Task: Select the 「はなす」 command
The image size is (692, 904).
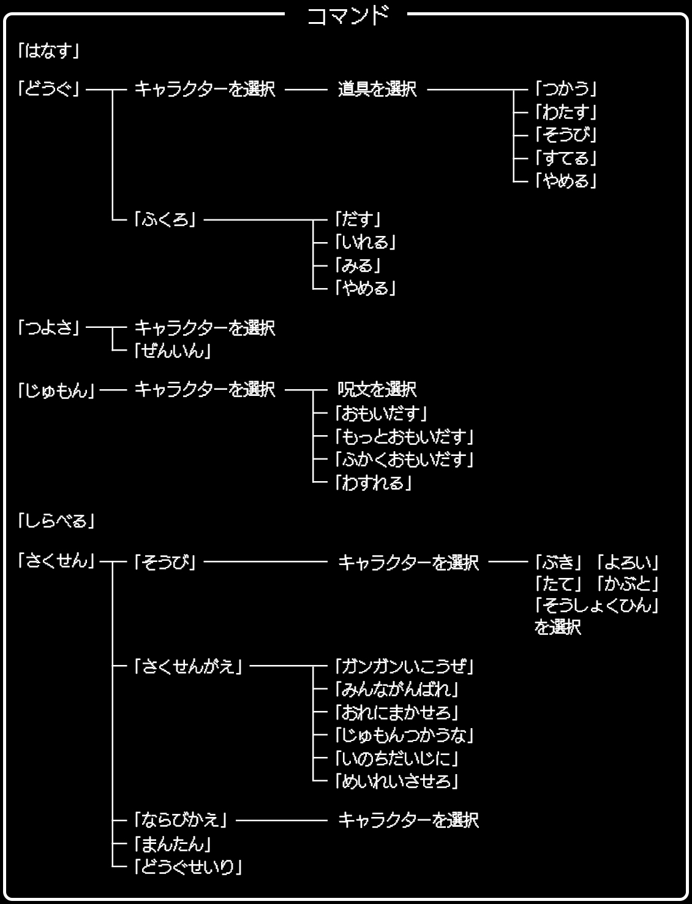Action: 49,51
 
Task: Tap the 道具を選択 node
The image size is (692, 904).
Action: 377,89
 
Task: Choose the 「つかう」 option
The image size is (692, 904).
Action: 565,89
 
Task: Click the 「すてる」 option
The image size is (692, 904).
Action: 565,158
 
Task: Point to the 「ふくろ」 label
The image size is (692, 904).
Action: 165,219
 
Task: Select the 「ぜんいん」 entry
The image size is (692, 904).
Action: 173,351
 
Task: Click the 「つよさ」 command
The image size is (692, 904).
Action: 49,328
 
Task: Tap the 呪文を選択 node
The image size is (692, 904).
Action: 377,390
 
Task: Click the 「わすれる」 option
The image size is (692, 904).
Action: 373,483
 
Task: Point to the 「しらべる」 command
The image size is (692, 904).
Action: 56,522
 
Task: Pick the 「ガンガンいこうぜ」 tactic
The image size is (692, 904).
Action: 404,666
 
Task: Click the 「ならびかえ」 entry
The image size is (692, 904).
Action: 181,820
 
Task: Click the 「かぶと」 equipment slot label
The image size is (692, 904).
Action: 628,583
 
